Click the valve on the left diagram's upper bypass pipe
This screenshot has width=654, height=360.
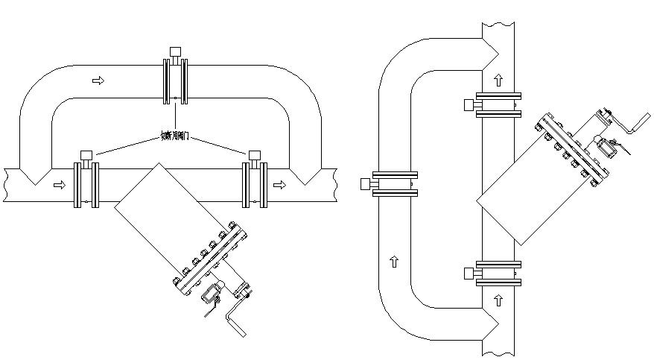coord(176,80)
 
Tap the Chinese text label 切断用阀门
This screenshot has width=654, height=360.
coord(176,136)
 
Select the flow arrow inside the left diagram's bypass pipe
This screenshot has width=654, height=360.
coord(98,80)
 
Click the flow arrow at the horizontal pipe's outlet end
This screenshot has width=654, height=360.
coord(279,184)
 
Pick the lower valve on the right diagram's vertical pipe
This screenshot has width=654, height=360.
coord(497,274)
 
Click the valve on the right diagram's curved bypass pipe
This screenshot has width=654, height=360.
coord(395,184)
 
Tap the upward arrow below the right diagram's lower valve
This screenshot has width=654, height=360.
coord(498,301)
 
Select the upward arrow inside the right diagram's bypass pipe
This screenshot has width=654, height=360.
coord(394,261)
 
